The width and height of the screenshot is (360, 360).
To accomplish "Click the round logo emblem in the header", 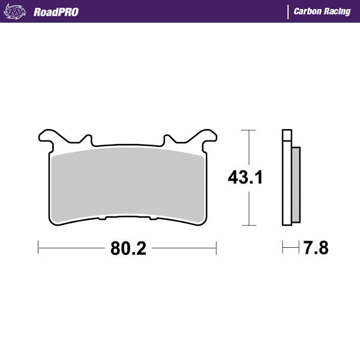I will [16, 11].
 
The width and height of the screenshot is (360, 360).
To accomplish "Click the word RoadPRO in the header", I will [56, 12].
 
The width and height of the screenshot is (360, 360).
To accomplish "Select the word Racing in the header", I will [337, 11].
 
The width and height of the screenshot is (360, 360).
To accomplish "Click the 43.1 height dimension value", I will [245, 178].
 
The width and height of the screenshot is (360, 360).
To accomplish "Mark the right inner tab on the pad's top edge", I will [166, 140].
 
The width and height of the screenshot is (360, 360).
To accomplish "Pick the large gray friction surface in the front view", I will [127, 183].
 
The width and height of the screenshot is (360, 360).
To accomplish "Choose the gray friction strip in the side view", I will [295, 183].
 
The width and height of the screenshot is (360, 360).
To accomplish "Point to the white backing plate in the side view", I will [286, 180].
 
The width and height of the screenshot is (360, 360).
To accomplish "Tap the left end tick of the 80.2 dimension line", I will [38, 247].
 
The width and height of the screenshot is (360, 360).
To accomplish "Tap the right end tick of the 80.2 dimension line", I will [216, 247].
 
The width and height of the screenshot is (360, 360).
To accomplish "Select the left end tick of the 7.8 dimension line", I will [283, 247].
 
